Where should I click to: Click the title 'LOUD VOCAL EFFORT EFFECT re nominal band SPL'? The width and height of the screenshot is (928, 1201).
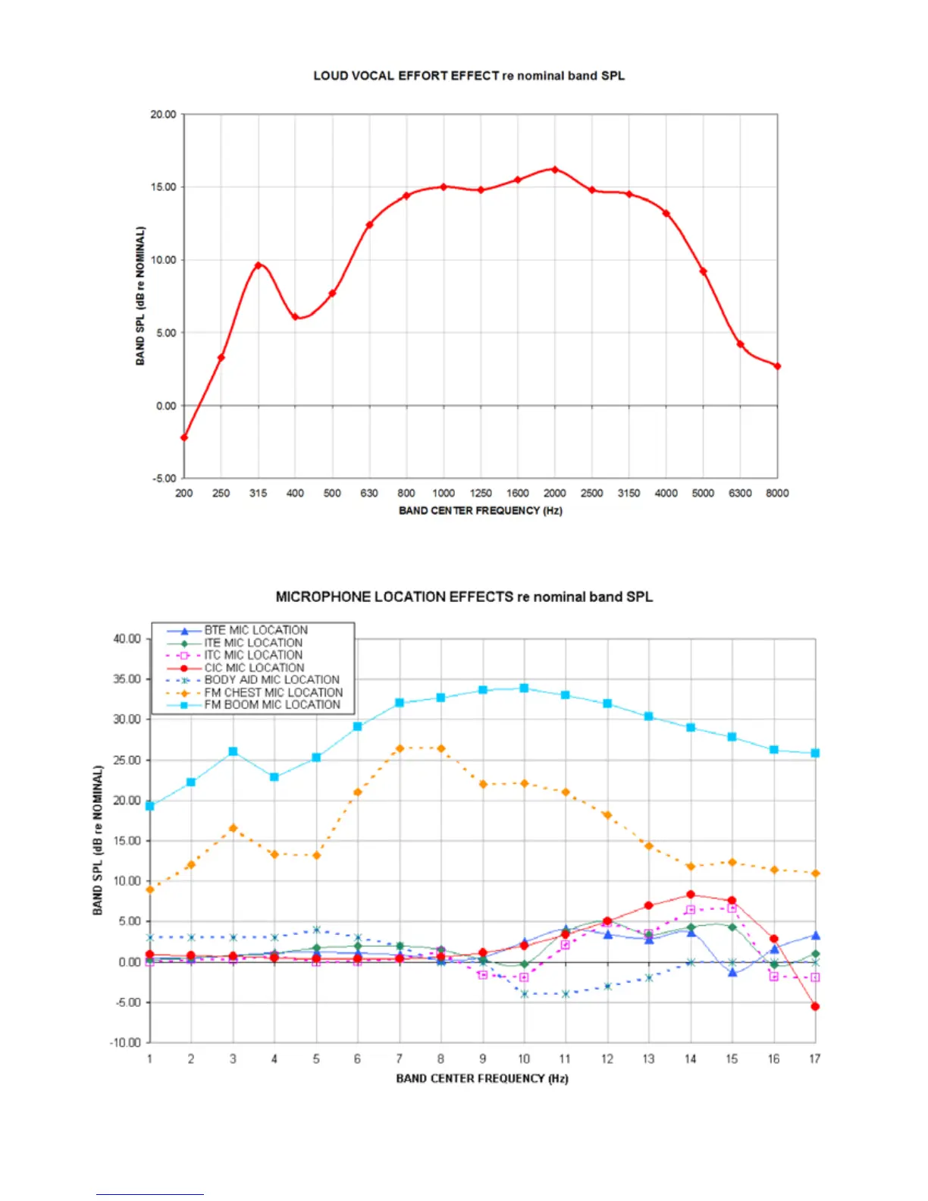point(469,76)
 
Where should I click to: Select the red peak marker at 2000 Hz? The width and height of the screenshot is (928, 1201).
point(555,170)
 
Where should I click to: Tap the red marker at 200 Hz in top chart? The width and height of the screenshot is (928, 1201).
point(184,437)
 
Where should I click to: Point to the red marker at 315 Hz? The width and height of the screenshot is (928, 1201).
point(259,265)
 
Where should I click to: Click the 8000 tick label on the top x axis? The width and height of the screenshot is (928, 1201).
point(777,494)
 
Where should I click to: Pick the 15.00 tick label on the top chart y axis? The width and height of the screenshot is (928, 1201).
point(163,187)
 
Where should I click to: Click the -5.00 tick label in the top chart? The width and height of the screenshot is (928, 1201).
point(165,478)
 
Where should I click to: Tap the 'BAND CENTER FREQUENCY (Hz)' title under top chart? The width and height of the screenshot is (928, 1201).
point(481,511)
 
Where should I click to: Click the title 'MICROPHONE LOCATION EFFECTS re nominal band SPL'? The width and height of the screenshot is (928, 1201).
point(464,597)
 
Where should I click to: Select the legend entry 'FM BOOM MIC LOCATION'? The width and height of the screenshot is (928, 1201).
point(272,705)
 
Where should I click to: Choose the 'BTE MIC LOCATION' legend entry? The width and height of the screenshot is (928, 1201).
point(256,630)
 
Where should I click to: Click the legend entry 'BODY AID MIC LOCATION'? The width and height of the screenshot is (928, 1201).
point(271,680)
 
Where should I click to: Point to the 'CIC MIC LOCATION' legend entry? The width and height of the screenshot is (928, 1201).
point(254,668)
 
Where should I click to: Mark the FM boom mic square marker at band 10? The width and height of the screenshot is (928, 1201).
point(524,688)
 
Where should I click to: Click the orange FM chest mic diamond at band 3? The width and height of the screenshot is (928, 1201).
point(233,829)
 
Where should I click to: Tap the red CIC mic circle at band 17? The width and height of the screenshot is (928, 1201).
point(815,1007)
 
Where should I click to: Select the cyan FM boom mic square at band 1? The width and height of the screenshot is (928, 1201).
point(150,806)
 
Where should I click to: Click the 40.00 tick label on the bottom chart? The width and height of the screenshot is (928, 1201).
point(127,639)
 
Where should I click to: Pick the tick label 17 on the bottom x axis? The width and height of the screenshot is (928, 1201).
point(814,1059)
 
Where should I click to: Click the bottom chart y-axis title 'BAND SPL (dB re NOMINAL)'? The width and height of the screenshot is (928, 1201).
point(98,840)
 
